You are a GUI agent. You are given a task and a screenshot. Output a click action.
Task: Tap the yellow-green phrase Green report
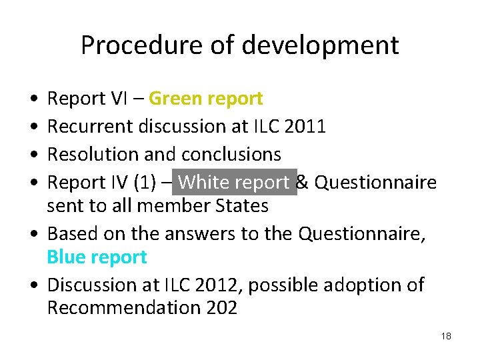point(205,99)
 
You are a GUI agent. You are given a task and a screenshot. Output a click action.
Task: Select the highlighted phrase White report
point(234,182)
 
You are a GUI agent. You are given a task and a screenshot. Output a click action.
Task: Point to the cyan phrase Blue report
point(97,257)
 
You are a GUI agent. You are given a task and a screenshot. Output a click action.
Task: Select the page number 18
point(446,336)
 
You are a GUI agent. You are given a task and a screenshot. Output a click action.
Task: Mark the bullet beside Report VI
point(33,99)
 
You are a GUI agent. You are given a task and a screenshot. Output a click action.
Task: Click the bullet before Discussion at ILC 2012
point(33,285)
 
